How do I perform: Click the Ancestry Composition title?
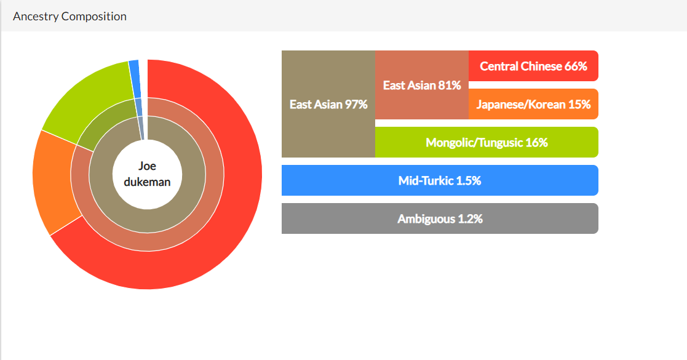coord(69,16)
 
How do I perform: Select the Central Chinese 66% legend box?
coord(533,66)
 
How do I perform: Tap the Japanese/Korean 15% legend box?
coord(533,104)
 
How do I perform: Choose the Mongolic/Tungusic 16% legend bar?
coord(486,142)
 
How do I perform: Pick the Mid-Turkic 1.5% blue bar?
coord(440,180)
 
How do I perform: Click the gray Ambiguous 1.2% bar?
coord(440,218)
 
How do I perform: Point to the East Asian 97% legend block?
coord(328,104)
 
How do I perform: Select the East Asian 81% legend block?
coord(422,85)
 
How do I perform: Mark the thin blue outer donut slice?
coord(135,79)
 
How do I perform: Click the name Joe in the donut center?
coord(147,166)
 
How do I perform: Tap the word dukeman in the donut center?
coord(147,182)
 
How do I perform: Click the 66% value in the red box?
coord(576,66)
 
